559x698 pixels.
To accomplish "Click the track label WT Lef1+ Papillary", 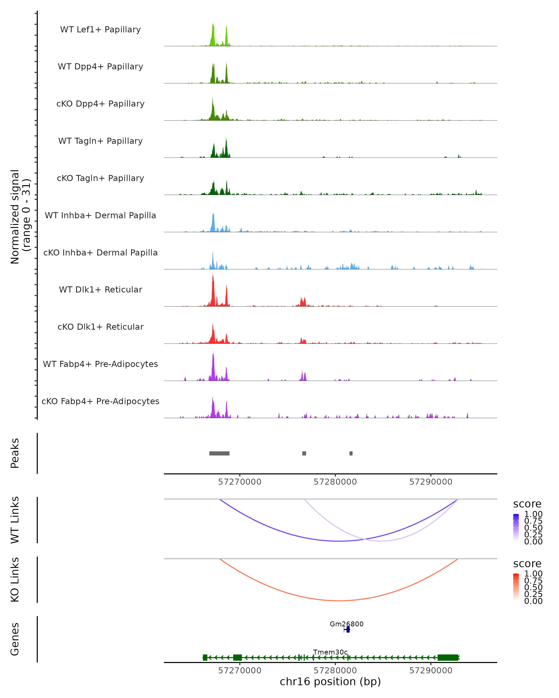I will [x=100, y=30].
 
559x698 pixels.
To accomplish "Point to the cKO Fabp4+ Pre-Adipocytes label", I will [x=100, y=401].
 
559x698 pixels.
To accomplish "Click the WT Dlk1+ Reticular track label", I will [x=100, y=290].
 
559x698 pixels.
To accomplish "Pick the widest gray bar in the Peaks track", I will [x=219, y=453].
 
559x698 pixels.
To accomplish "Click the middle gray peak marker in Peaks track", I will [x=304, y=453].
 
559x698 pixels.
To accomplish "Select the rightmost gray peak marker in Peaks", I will [x=351, y=453].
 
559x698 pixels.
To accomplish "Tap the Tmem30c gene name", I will [x=330, y=652].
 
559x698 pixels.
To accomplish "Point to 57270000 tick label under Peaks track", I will [x=240, y=482].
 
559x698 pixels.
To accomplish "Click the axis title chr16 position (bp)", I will [x=330, y=682].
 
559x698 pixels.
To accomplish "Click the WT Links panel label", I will [x=15, y=520].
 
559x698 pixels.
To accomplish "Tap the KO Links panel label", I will [x=15, y=580].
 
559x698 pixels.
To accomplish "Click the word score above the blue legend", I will [x=527, y=504].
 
